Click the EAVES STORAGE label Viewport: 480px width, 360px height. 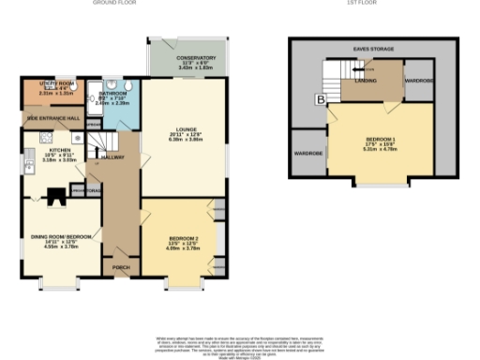(x=373, y=47)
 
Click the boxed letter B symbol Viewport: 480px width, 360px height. (x=321, y=97)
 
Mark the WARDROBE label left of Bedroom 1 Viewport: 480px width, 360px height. (x=308, y=152)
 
